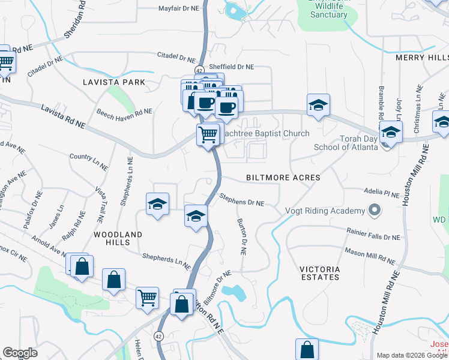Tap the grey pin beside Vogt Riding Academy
375,211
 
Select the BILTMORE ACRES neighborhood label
283,178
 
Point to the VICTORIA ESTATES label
320,273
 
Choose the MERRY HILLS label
421,58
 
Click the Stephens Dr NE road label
241,199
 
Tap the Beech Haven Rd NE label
124,112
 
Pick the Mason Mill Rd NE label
369,256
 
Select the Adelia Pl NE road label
381,193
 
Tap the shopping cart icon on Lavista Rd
208,134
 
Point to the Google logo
20,353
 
